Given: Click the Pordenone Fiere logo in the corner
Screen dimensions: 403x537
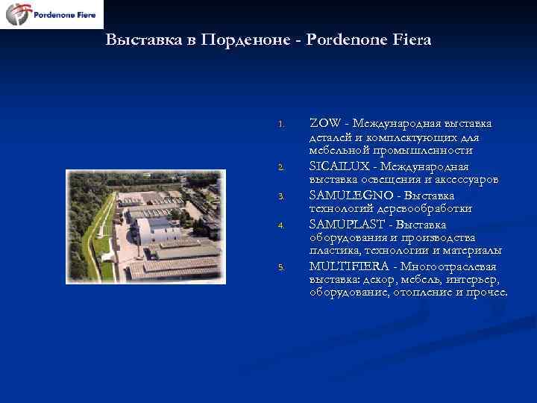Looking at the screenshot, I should click(51, 14).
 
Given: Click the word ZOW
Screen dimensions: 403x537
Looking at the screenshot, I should click(324, 123).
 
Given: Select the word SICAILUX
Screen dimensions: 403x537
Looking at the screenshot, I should click(338, 166).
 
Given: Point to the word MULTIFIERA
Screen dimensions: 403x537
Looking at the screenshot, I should click(350, 266).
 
